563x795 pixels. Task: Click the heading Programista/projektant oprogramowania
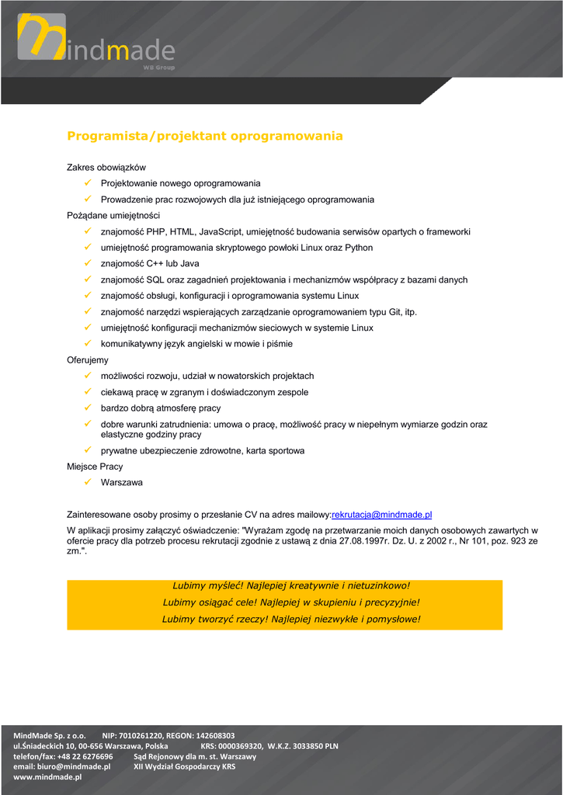(x=204, y=136)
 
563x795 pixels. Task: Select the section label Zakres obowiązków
(x=106, y=167)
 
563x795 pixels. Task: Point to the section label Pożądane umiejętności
(x=113, y=215)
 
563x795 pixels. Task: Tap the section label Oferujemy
(x=88, y=360)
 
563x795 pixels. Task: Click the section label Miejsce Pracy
(x=95, y=467)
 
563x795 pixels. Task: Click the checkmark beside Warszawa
(x=88, y=482)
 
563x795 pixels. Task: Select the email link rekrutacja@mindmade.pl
(x=381, y=514)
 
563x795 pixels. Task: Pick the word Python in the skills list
(x=359, y=248)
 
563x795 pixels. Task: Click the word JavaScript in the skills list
(x=220, y=231)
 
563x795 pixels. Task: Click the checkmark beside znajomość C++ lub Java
(x=88, y=263)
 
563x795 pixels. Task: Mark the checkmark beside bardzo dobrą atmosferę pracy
(x=88, y=408)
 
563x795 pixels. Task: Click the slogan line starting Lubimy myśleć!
(x=290, y=585)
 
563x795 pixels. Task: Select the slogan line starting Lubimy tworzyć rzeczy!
(x=290, y=619)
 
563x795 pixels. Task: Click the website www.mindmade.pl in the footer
(x=47, y=777)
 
